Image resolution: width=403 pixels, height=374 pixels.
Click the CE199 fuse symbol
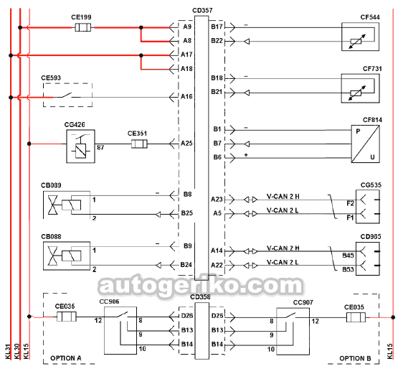(82, 27)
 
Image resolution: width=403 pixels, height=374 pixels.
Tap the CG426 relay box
(81, 146)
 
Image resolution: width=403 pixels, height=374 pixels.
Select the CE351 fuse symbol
(139, 144)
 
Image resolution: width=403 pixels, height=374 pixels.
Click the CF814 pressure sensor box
(366, 144)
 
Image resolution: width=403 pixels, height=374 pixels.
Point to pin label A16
(186, 96)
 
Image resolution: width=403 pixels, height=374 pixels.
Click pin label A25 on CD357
(186, 144)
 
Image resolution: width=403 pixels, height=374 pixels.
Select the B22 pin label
(217, 41)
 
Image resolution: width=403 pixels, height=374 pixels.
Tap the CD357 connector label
(202, 11)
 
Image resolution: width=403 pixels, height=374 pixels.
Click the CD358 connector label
(201, 297)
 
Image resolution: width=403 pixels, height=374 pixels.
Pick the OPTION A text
(66, 358)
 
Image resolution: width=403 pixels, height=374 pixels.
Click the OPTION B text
(355, 358)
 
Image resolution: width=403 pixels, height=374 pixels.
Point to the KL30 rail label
(17, 351)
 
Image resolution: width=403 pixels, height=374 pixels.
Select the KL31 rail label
(8, 351)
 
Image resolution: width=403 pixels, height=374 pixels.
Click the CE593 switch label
(51, 78)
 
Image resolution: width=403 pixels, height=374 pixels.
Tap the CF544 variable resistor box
(361, 37)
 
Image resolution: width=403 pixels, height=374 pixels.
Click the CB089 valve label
(51, 185)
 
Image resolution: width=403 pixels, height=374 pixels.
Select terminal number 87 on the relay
(100, 148)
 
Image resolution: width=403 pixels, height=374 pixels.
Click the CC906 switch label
(109, 301)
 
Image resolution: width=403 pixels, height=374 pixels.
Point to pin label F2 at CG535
(351, 203)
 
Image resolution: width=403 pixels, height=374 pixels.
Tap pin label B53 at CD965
(348, 269)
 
